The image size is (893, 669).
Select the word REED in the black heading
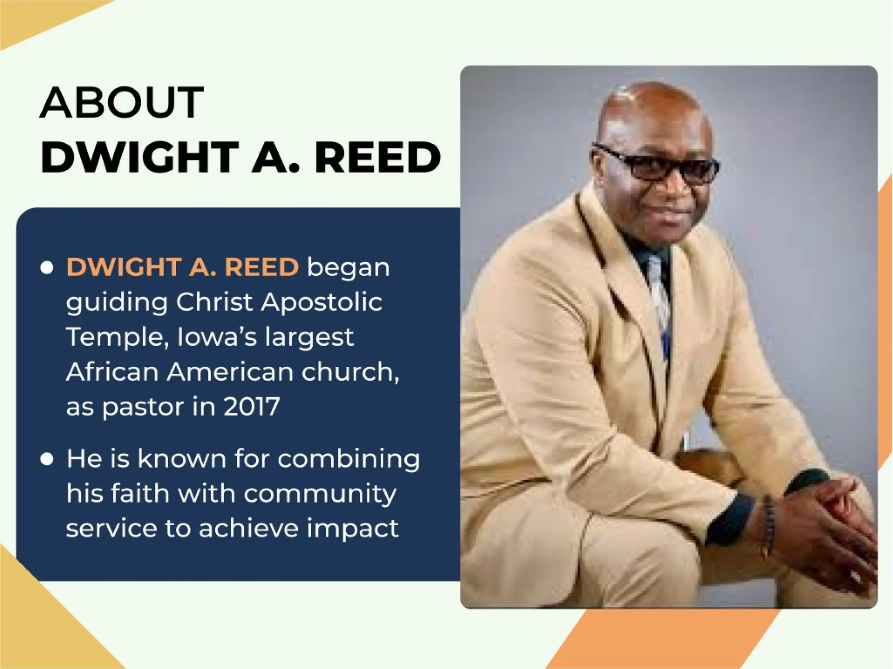coord(377,157)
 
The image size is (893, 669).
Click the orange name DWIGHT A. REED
coord(182,267)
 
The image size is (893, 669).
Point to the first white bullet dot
coord(47,267)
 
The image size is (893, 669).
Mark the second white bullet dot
coord(47,459)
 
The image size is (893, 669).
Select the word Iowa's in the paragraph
coord(217,337)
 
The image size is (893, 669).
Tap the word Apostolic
coord(321,302)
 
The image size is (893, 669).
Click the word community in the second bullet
coord(320,494)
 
